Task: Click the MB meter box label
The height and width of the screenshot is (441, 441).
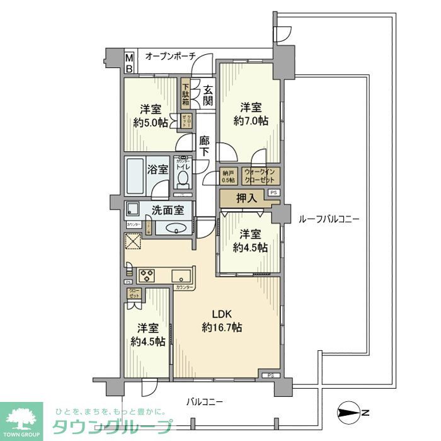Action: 129,62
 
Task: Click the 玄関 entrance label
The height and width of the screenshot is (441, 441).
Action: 207,94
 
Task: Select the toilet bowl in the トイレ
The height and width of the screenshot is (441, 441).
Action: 183,179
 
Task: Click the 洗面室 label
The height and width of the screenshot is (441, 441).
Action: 167,210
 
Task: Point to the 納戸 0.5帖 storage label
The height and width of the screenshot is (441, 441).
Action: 228,176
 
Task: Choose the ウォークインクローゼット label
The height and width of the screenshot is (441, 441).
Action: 260,176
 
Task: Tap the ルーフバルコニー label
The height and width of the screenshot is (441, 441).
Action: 328,219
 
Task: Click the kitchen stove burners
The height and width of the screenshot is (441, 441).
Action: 147,275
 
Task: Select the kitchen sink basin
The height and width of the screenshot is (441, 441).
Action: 182,275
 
